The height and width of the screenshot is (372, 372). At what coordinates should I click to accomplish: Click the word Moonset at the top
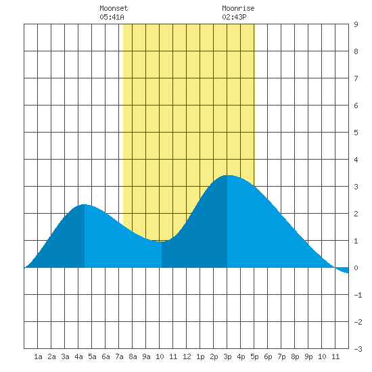coord(114,8)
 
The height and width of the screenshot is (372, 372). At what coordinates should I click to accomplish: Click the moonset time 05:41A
coord(112,17)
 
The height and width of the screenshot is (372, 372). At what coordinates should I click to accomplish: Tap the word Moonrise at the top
coord(238,8)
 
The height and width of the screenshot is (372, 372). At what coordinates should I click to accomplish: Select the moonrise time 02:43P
coord(234,17)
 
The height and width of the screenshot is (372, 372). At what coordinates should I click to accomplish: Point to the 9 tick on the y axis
coord(356,24)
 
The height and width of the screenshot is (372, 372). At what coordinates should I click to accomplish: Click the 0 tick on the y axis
coord(356,268)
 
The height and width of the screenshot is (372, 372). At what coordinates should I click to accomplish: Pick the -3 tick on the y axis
coord(358,349)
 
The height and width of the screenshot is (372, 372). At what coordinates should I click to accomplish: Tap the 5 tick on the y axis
coord(356,133)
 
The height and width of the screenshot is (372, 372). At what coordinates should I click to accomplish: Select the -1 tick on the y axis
coord(358,295)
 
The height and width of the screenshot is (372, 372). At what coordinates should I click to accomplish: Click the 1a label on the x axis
coord(38,356)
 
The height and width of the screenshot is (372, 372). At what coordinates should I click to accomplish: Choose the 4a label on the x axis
coord(78,356)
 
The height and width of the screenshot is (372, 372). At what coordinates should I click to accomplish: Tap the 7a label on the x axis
coord(119,356)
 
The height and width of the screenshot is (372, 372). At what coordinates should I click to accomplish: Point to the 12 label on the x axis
coord(187,356)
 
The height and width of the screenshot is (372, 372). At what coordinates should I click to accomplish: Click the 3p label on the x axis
coord(227,356)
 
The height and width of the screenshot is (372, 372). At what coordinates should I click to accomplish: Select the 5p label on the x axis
coord(254,356)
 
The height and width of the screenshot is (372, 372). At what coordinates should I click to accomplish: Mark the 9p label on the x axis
coord(308,356)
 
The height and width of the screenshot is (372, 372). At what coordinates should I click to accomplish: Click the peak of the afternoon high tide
coord(228,176)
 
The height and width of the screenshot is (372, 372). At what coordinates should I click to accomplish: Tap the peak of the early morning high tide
coord(84,204)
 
